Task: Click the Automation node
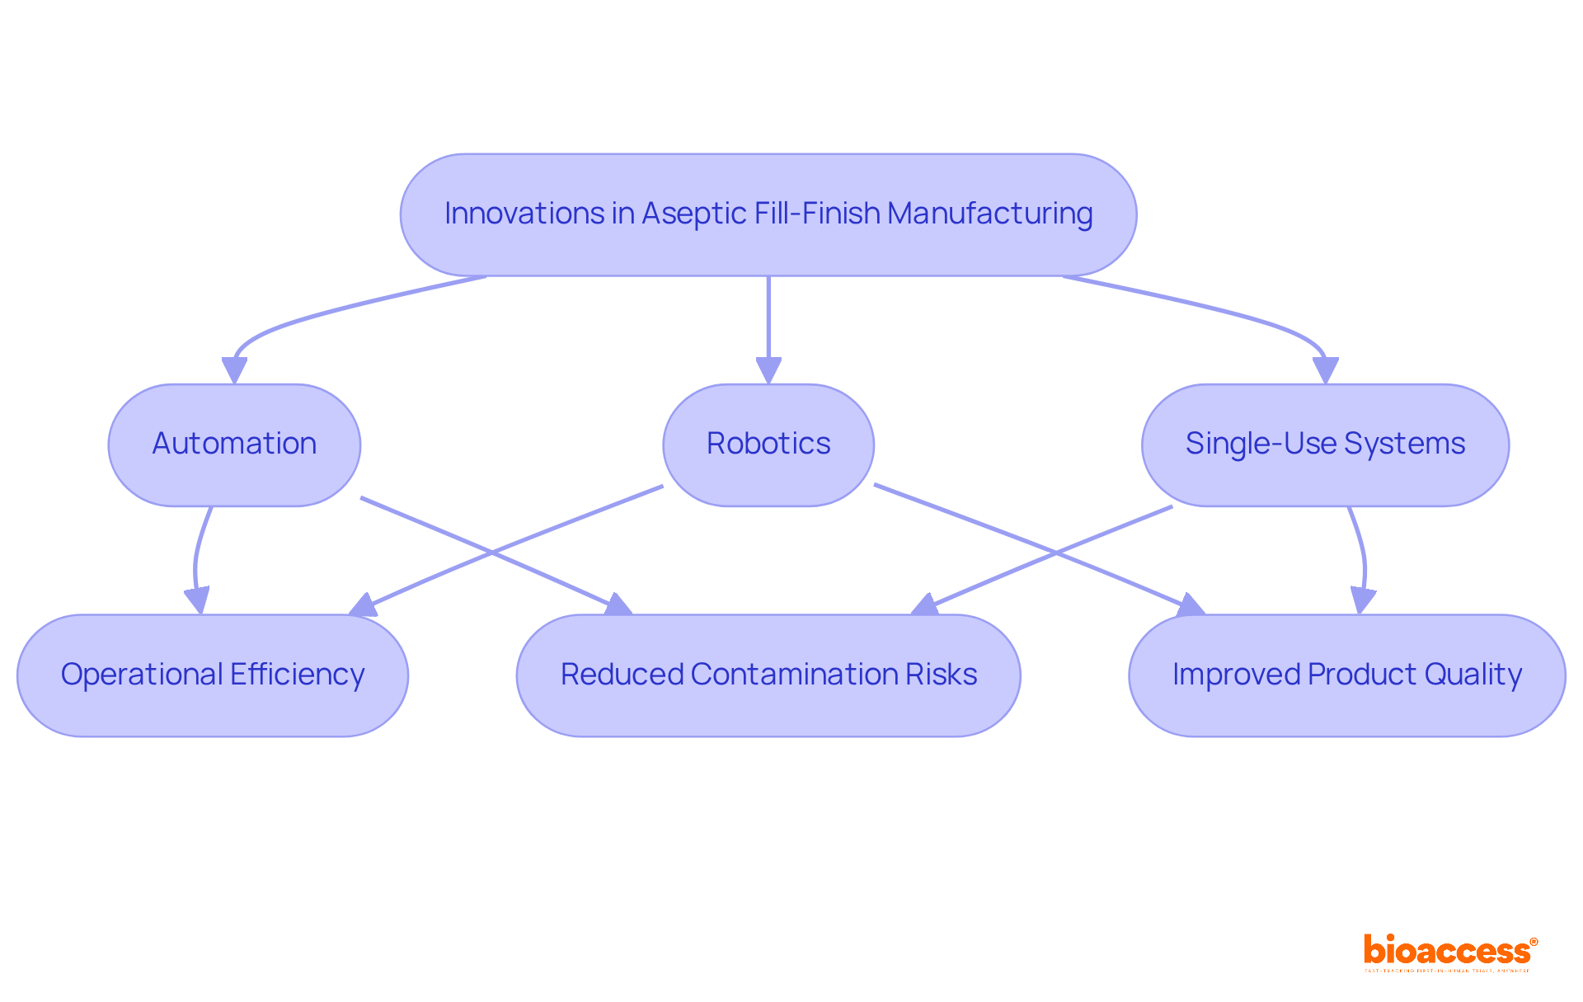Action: click(x=234, y=445)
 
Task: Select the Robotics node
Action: click(x=768, y=445)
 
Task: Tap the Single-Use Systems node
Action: click(x=1325, y=445)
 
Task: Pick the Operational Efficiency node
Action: click(x=213, y=675)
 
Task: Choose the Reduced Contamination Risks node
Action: click(x=768, y=675)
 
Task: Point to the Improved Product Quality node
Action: click(x=1346, y=675)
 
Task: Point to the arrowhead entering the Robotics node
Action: click(x=768, y=371)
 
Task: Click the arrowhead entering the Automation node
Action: click(x=235, y=371)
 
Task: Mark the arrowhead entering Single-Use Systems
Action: click(x=1325, y=371)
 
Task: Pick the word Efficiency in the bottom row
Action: click(x=297, y=675)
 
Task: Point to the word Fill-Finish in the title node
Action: click(x=810, y=214)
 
